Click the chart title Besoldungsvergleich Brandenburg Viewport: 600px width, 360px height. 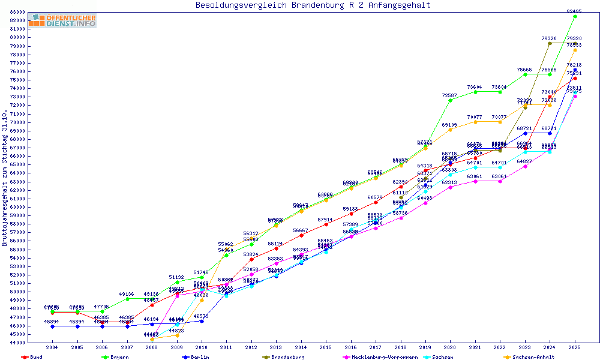[x=313, y=5]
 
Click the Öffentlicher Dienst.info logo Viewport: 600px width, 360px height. [x=62, y=21]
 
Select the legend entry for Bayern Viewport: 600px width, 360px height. [x=119, y=357]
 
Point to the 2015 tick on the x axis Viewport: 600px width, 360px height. [x=326, y=347]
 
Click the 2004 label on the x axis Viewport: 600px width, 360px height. [x=52, y=347]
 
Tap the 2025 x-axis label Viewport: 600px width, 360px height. [x=575, y=347]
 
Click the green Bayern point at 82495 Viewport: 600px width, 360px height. [x=575, y=16]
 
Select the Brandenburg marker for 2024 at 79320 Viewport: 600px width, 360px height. [x=550, y=43]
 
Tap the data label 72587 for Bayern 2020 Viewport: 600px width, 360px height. [x=450, y=96]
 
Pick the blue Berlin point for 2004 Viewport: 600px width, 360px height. [x=53, y=326]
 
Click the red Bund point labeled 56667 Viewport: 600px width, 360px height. [x=301, y=235]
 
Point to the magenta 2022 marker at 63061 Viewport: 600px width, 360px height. [x=500, y=181]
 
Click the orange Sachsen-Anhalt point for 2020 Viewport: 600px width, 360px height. [x=450, y=130]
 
